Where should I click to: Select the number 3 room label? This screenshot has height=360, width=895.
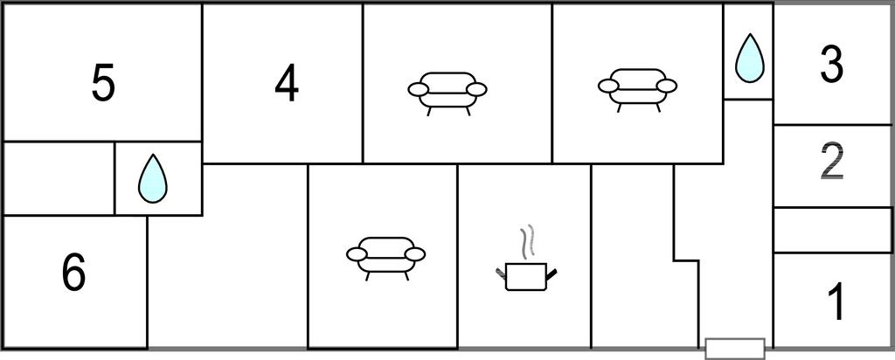pos(832,66)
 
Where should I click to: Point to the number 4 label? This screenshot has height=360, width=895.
pos(286,85)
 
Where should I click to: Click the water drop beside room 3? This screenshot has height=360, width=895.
pos(749,59)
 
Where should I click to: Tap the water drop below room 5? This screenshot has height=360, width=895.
pos(152,178)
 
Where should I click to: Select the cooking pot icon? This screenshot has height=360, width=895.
pos(526,277)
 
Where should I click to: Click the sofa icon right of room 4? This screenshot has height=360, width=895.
pos(447,93)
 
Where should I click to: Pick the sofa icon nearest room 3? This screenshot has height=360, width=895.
pos(637,90)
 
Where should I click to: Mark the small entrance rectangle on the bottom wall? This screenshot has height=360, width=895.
pos(735,349)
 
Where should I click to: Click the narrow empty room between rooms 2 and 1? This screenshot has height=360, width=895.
pos(832,230)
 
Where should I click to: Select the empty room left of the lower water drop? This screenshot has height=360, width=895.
pos(59,178)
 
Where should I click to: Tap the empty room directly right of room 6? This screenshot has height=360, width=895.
pos(228,256)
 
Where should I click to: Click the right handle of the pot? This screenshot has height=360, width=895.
pos(552,273)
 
